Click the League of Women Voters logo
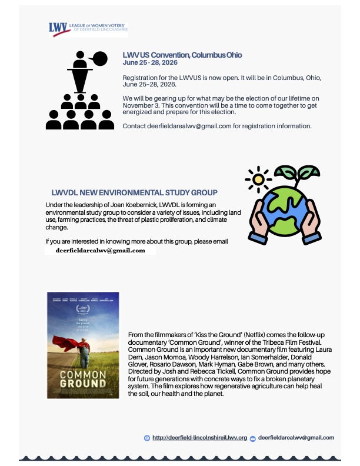[x=88, y=29]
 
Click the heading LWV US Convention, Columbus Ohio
[x=182, y=55]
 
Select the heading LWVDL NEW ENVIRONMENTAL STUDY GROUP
[x=135, y=192]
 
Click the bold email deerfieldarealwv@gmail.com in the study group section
[x=100, y=250]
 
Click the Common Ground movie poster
[x=83, y=345]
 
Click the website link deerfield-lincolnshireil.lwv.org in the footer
[x=199, y=438]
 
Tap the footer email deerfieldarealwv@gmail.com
[x=296, y=438]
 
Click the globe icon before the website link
[x=147, y=438]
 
